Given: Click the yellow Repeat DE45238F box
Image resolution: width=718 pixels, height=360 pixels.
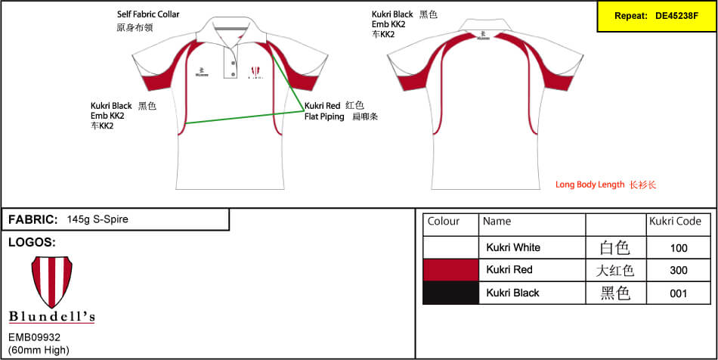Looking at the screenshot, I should click(656, 16).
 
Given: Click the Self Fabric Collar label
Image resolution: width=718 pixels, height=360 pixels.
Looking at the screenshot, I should click(148, 14).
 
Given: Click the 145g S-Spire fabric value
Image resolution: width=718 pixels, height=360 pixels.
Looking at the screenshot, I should click(97, 219).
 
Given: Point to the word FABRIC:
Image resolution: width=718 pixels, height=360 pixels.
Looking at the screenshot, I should click(32, 219).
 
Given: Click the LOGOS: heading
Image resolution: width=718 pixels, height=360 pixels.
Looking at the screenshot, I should click(32, 243).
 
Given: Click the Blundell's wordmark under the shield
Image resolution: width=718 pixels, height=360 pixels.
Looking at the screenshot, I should click(51, 317).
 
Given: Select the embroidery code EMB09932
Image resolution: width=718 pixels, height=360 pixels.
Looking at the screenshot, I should click(34, 337).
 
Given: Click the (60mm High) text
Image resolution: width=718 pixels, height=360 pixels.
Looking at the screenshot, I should click(39, 349).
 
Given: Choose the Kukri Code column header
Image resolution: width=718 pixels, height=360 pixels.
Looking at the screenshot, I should click(675, 222).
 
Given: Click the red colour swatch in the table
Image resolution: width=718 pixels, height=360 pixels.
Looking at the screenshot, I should click(450, 270).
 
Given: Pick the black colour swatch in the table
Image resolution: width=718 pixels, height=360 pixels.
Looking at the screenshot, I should click(450, 293).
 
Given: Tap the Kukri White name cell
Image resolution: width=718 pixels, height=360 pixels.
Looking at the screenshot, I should click(513, 247).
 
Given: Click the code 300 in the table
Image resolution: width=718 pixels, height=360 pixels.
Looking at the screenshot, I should click(679, 270).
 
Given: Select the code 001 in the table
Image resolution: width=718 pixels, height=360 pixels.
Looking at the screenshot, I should click(679, 293).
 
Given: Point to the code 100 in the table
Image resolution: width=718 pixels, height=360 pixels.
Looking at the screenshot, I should click(679, 247).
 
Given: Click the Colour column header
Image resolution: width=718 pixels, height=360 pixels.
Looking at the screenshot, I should click(444, 222).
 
